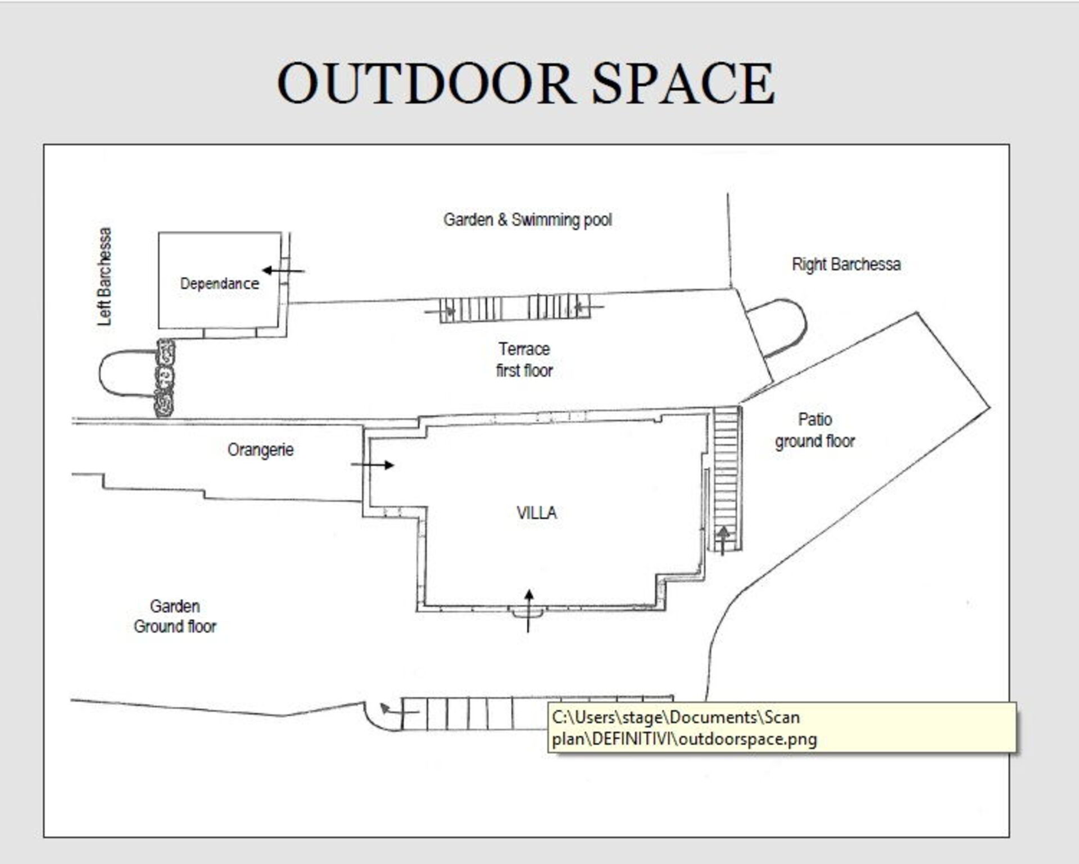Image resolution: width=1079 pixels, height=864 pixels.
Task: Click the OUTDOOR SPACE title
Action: pos(526,83)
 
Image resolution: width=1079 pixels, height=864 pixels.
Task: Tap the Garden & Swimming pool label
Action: pos(528,219)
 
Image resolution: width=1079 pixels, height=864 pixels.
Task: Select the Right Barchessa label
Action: pos(846,264)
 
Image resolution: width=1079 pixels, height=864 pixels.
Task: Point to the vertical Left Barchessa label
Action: pos(105,276)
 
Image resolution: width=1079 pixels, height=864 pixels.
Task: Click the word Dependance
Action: pos(220,283)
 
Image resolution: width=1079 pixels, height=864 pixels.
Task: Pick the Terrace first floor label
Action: pos(524,359)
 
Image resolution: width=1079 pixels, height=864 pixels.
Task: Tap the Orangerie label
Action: pos(260,449)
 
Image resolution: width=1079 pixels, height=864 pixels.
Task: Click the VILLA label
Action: pos(537,512)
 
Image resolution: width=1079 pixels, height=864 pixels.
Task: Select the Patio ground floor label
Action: pos(815,430)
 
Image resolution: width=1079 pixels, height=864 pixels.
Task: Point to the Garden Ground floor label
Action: pos(175,616)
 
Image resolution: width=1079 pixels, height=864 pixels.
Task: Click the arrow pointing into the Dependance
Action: pos(283,271)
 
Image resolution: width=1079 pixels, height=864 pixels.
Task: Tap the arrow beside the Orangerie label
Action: pos(372,465)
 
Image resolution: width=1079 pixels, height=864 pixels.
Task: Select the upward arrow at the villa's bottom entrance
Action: pos(528,611)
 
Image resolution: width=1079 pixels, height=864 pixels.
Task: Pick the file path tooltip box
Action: pos(782,727)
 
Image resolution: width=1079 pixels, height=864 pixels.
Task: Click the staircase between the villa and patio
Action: pos(726,479)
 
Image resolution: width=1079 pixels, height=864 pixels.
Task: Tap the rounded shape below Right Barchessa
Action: pos(779,327)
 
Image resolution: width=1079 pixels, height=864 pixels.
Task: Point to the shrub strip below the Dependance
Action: pos(165,378)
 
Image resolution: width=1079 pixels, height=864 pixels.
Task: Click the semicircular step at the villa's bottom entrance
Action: pos(527,612)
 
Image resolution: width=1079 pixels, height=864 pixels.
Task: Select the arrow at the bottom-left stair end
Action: pos(399,710)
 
